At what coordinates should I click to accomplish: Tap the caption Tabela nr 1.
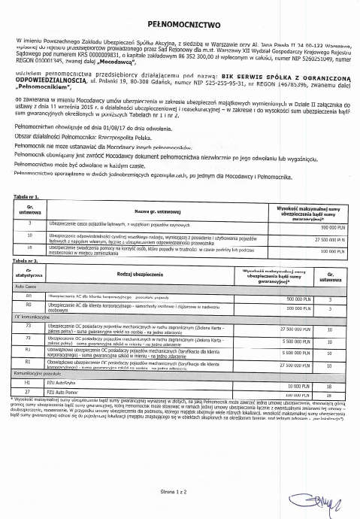(x=28, y=196)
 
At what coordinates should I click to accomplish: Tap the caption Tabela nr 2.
(x=28, y=260)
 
